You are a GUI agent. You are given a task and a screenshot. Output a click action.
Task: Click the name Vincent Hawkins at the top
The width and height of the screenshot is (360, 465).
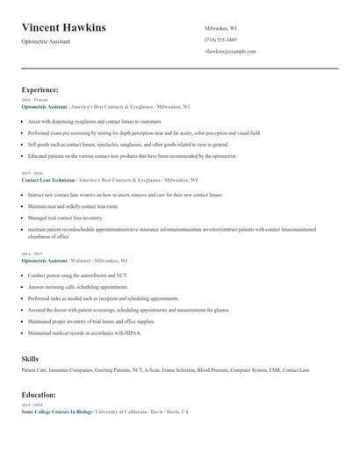click(63, 28)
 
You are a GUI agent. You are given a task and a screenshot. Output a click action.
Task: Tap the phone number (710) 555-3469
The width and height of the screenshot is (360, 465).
click(221, 39)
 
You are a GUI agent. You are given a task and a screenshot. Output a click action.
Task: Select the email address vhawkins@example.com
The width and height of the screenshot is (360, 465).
click(230, 51)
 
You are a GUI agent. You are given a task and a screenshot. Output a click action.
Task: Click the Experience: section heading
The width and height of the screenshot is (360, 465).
click(40, 90)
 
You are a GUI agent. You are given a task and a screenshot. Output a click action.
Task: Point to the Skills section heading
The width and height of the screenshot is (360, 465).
click(30, 359)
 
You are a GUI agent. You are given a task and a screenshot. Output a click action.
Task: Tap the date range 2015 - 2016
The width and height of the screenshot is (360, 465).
click(32, 173)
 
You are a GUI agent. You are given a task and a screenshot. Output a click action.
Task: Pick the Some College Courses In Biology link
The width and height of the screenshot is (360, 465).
click(57, 411)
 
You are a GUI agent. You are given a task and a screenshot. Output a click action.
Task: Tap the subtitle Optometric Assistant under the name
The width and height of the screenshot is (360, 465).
click(46, 41)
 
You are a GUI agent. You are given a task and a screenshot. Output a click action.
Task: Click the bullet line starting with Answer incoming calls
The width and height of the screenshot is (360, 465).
click(77, 287)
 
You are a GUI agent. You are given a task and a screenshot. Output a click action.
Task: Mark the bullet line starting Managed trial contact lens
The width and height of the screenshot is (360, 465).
click(65, 218)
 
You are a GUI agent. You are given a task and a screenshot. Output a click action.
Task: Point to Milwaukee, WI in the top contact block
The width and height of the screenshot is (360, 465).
click(220, 28)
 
